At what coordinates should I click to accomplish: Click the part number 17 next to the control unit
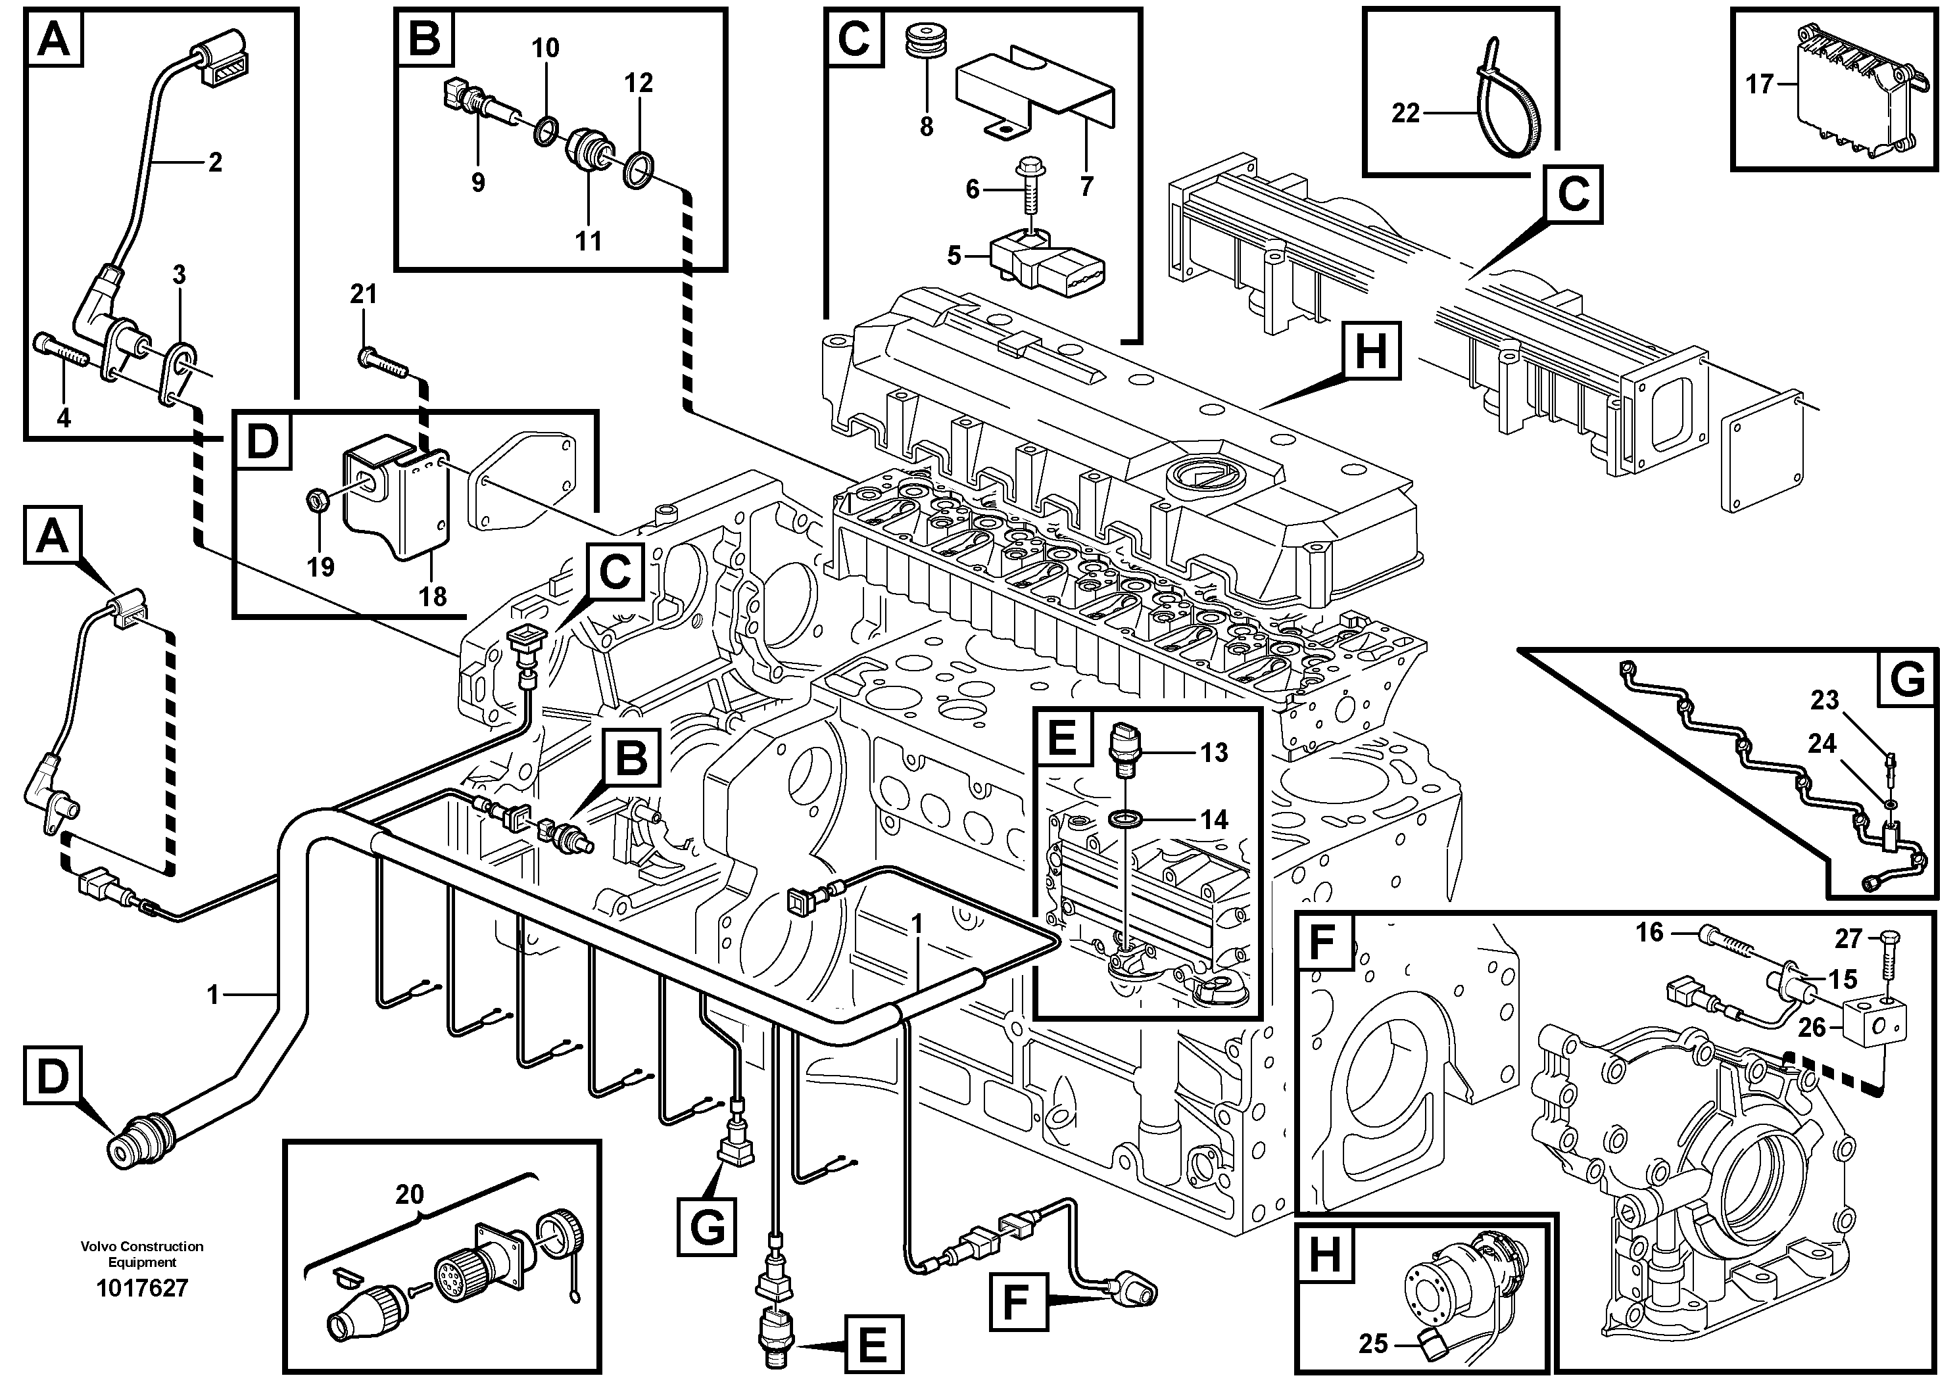pyautogui.click(x=1758, y=83)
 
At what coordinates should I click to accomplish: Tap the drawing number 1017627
pyautogui.click(x=141, y=1288)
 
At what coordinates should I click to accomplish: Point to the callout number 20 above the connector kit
pyautogui.click(x=409, y=1195)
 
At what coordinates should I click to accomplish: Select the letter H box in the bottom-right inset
pyautogui.click(x=1326, y=1255)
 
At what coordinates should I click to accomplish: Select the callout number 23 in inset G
pyautogui.click(x=1824, y=700)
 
